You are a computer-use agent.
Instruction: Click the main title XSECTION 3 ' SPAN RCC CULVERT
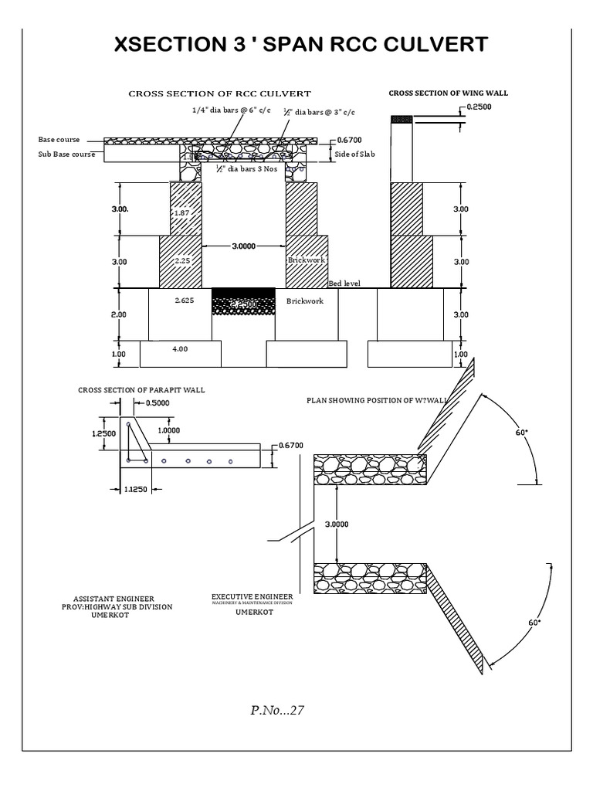(x=301, y=45)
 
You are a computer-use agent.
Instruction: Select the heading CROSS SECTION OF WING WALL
(x=448, y=93)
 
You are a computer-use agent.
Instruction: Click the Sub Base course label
(x=66, y=154)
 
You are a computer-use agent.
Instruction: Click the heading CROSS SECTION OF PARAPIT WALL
(x=141, y=390)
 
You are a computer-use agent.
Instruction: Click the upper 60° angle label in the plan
(x=522, y=433)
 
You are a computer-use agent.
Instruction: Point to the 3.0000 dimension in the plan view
(x=337, y=524)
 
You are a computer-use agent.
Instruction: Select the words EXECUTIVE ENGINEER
(x=252, y=597)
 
